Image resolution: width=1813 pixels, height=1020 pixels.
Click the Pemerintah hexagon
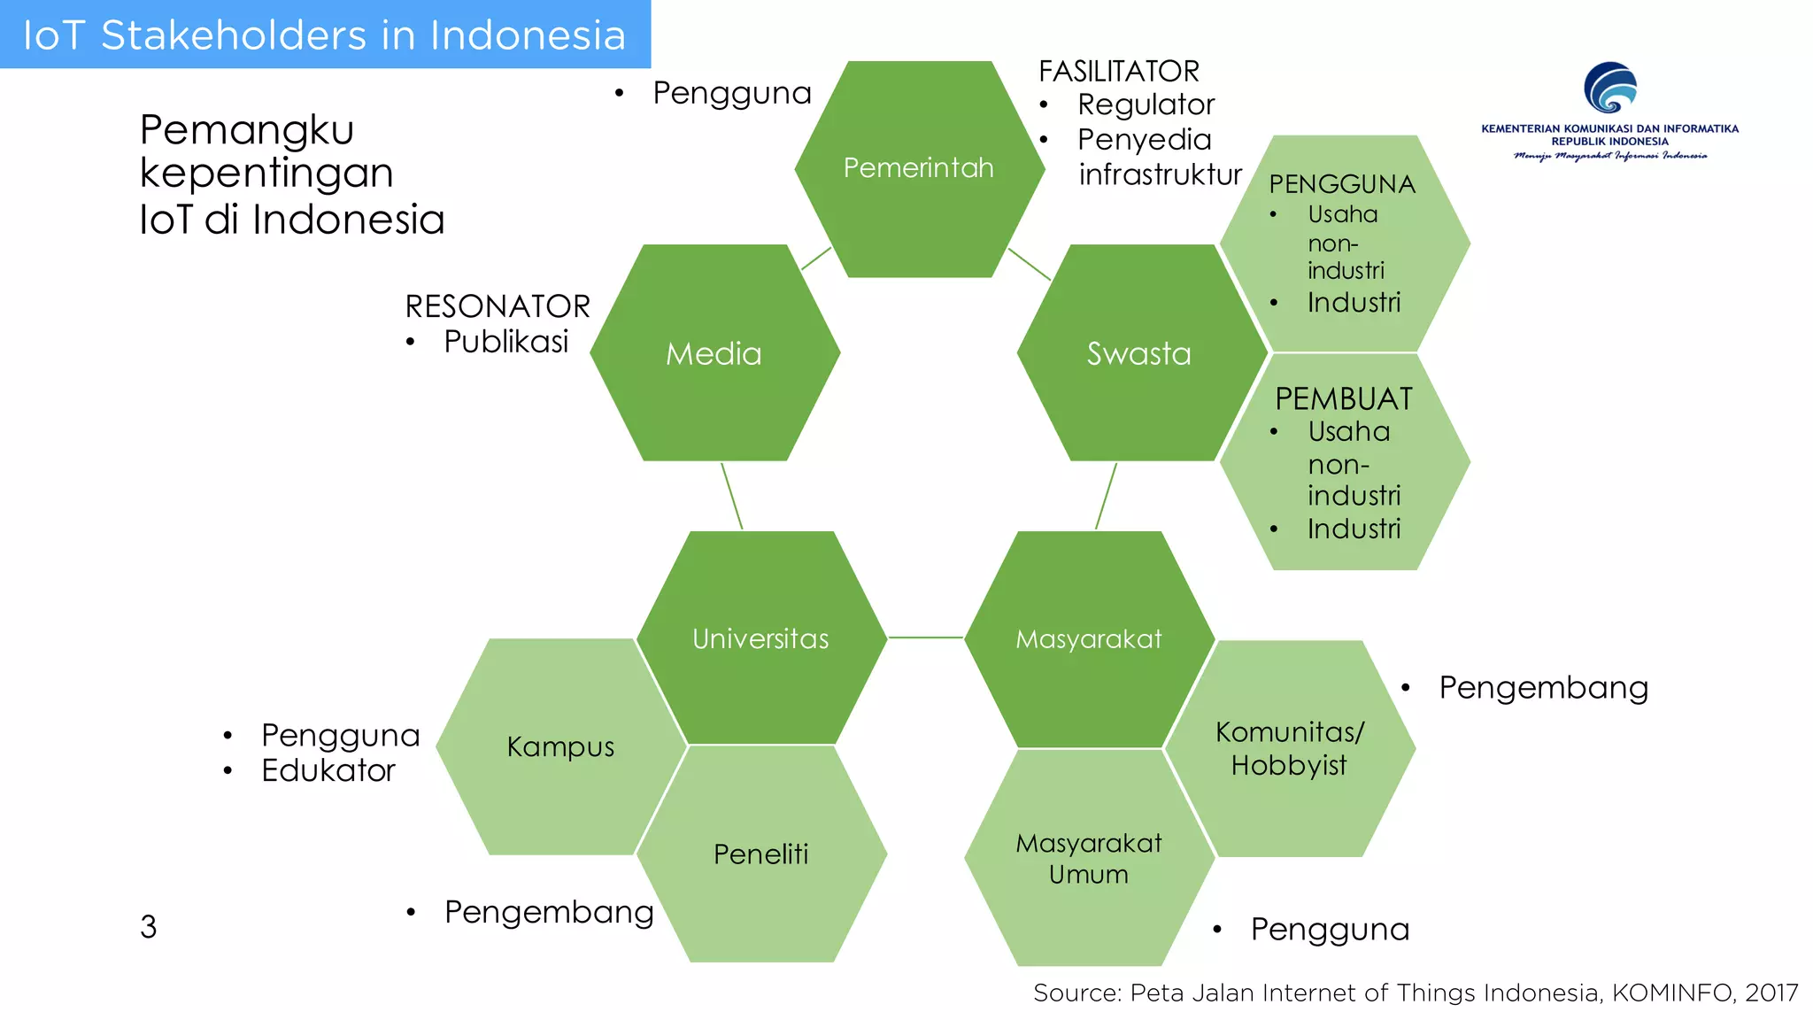click(x=919, y=168)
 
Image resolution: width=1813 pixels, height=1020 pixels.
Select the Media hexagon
click(x=714, y=353)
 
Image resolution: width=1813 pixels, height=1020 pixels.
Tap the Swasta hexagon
click(x=1139, y=353)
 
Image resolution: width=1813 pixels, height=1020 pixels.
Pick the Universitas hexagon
click(x=760, y=638)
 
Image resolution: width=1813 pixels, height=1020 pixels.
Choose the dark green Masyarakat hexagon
click(x=1088, y=638)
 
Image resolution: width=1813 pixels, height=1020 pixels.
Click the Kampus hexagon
click(x=560, y=746)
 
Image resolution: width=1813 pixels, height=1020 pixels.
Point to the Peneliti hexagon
click(x=760, y=854)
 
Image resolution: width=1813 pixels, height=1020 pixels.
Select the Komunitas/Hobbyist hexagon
click(x=1289, y=748)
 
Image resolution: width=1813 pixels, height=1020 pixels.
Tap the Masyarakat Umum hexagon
click(x=1088, y=858)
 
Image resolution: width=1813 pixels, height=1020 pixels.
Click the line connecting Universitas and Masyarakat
click(x=925, y=637)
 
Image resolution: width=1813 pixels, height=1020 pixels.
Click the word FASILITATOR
click(x=1119, y=71)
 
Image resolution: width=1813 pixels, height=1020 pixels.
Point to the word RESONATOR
click(x=498, y=306)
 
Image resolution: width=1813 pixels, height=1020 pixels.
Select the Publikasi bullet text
click(x=506, y=342)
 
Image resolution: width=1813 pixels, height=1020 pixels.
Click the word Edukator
click(x=328, y=770)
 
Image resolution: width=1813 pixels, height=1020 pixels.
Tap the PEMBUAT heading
click(x=1344, y=399)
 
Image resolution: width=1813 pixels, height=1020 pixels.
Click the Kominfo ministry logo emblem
click(x=1609, y=88)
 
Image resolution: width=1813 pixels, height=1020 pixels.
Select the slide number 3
click(x=149, y=927)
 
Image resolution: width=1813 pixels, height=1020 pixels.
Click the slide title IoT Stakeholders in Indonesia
click(x=324, y=35)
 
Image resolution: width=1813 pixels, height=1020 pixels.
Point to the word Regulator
click(x=1146, y=104)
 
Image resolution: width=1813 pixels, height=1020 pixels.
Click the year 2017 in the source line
click(x=1771, y=993)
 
